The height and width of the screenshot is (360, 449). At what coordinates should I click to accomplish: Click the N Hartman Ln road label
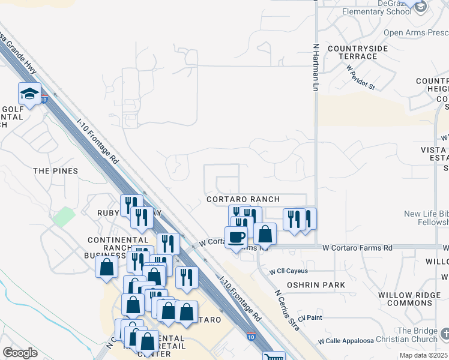pyautogui.click(x=315, y=66)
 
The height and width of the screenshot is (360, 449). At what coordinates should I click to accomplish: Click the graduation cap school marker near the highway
pyautogui.click(x=29, y=94)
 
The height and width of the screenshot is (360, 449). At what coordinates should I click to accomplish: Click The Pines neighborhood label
pyautogui.click(x=56, y=171)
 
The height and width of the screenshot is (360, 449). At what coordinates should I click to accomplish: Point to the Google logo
pyautogui.click(x=20, y=353)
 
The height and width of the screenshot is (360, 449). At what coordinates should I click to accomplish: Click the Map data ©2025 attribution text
pyautogui.click(x=423, y=355)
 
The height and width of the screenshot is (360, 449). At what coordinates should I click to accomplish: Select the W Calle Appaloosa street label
pyautogui.click(x=346, y=341)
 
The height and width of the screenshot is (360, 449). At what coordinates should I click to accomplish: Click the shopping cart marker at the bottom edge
pyautogui.click(x=274, y=356)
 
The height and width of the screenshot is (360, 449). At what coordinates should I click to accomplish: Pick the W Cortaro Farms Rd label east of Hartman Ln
pyautogui.click(x=357, y=247)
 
